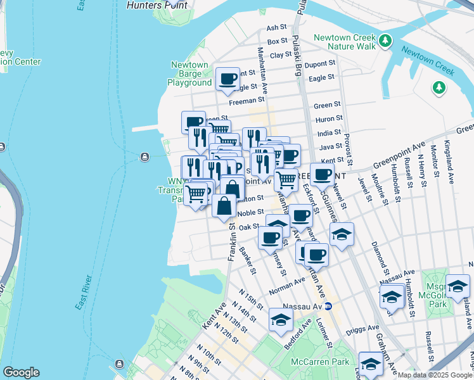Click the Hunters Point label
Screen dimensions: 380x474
157,4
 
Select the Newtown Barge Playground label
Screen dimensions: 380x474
189,74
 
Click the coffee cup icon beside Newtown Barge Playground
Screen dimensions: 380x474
227,79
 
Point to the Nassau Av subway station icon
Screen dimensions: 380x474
328,306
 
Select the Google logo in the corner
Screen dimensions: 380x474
21,372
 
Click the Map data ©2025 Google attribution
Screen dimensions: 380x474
435,375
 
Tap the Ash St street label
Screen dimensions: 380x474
277,28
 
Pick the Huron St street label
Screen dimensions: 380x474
329,118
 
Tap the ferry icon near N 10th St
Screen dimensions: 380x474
118,364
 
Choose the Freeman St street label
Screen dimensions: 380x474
247,100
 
